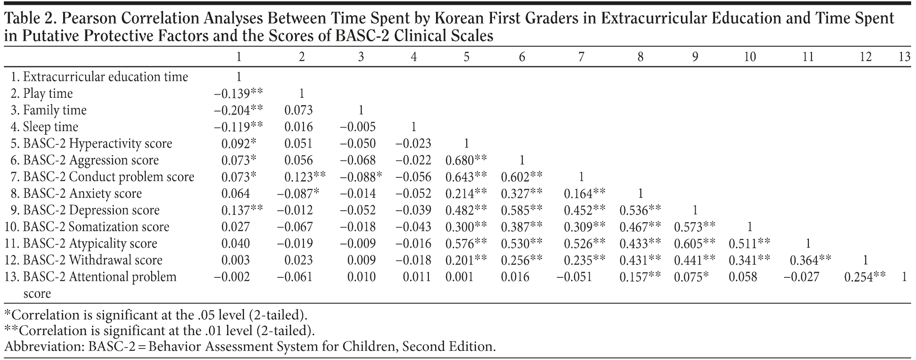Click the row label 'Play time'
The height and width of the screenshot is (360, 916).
click(48, 94)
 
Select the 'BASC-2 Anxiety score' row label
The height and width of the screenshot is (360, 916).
click(82, 194)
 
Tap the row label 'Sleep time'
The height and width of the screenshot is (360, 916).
click(50, 127)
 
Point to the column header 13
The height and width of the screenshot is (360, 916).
click(904, 57)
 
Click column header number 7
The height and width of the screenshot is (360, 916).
click(581, 57)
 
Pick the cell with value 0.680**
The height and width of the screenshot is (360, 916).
click(466, 160)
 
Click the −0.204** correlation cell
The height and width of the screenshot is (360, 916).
click(238, 110)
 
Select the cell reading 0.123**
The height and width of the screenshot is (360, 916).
click(305, 177)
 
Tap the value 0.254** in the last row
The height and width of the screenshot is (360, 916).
click(865, 277)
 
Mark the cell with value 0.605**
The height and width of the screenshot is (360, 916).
click(695, 244)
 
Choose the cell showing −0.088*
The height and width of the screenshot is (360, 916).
click(361, 177)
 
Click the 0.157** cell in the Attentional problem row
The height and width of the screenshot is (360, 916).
click(640, 277)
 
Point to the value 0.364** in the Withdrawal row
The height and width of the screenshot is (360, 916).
click(810, 260)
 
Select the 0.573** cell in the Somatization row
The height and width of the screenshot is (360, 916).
click(695, 227)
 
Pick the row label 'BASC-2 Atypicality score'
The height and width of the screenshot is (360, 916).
click(90, 244)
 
